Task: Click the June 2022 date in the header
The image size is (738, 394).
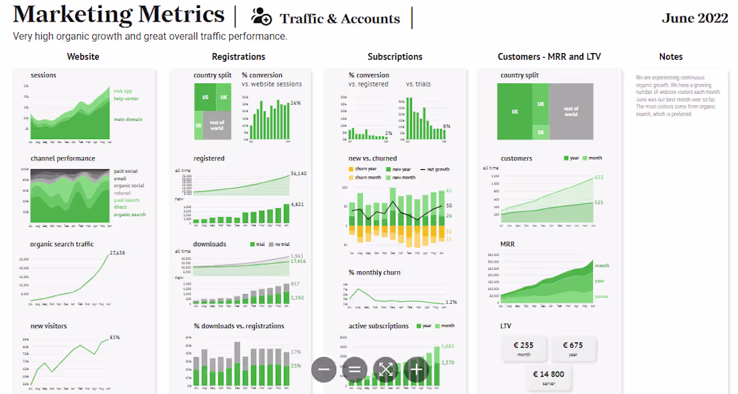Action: click(x=694, y=18)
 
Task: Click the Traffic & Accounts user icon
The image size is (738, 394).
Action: click(x=261, y=17)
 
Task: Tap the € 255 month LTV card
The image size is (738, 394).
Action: click(x=523, y=349)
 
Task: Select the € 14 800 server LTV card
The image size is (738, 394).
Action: click(x=548, y=378)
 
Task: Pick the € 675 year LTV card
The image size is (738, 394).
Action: click(x=572, y=349)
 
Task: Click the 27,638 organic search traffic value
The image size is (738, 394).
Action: click(x=117, y=253)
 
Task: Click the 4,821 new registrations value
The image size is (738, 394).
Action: click(x=297, y=204)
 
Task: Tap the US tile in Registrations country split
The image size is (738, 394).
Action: click(x=205, y=97)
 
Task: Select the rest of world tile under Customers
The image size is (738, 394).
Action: click(x=571, y=111)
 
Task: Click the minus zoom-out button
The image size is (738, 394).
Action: click(x=323, y=369)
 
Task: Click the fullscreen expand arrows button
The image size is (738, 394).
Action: click(x=385, y=369)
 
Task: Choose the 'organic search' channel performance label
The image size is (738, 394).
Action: click(x=129, y=215)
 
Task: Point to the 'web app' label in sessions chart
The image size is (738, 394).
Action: click(x=123, y=91)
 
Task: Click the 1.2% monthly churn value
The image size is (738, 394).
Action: click(x=451, y=302)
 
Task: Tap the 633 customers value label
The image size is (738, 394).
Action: click(x=599, y=178)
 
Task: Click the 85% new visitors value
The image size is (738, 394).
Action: click(x=115, y=338)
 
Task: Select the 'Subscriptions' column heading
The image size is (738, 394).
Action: click(x=394, y=57)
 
